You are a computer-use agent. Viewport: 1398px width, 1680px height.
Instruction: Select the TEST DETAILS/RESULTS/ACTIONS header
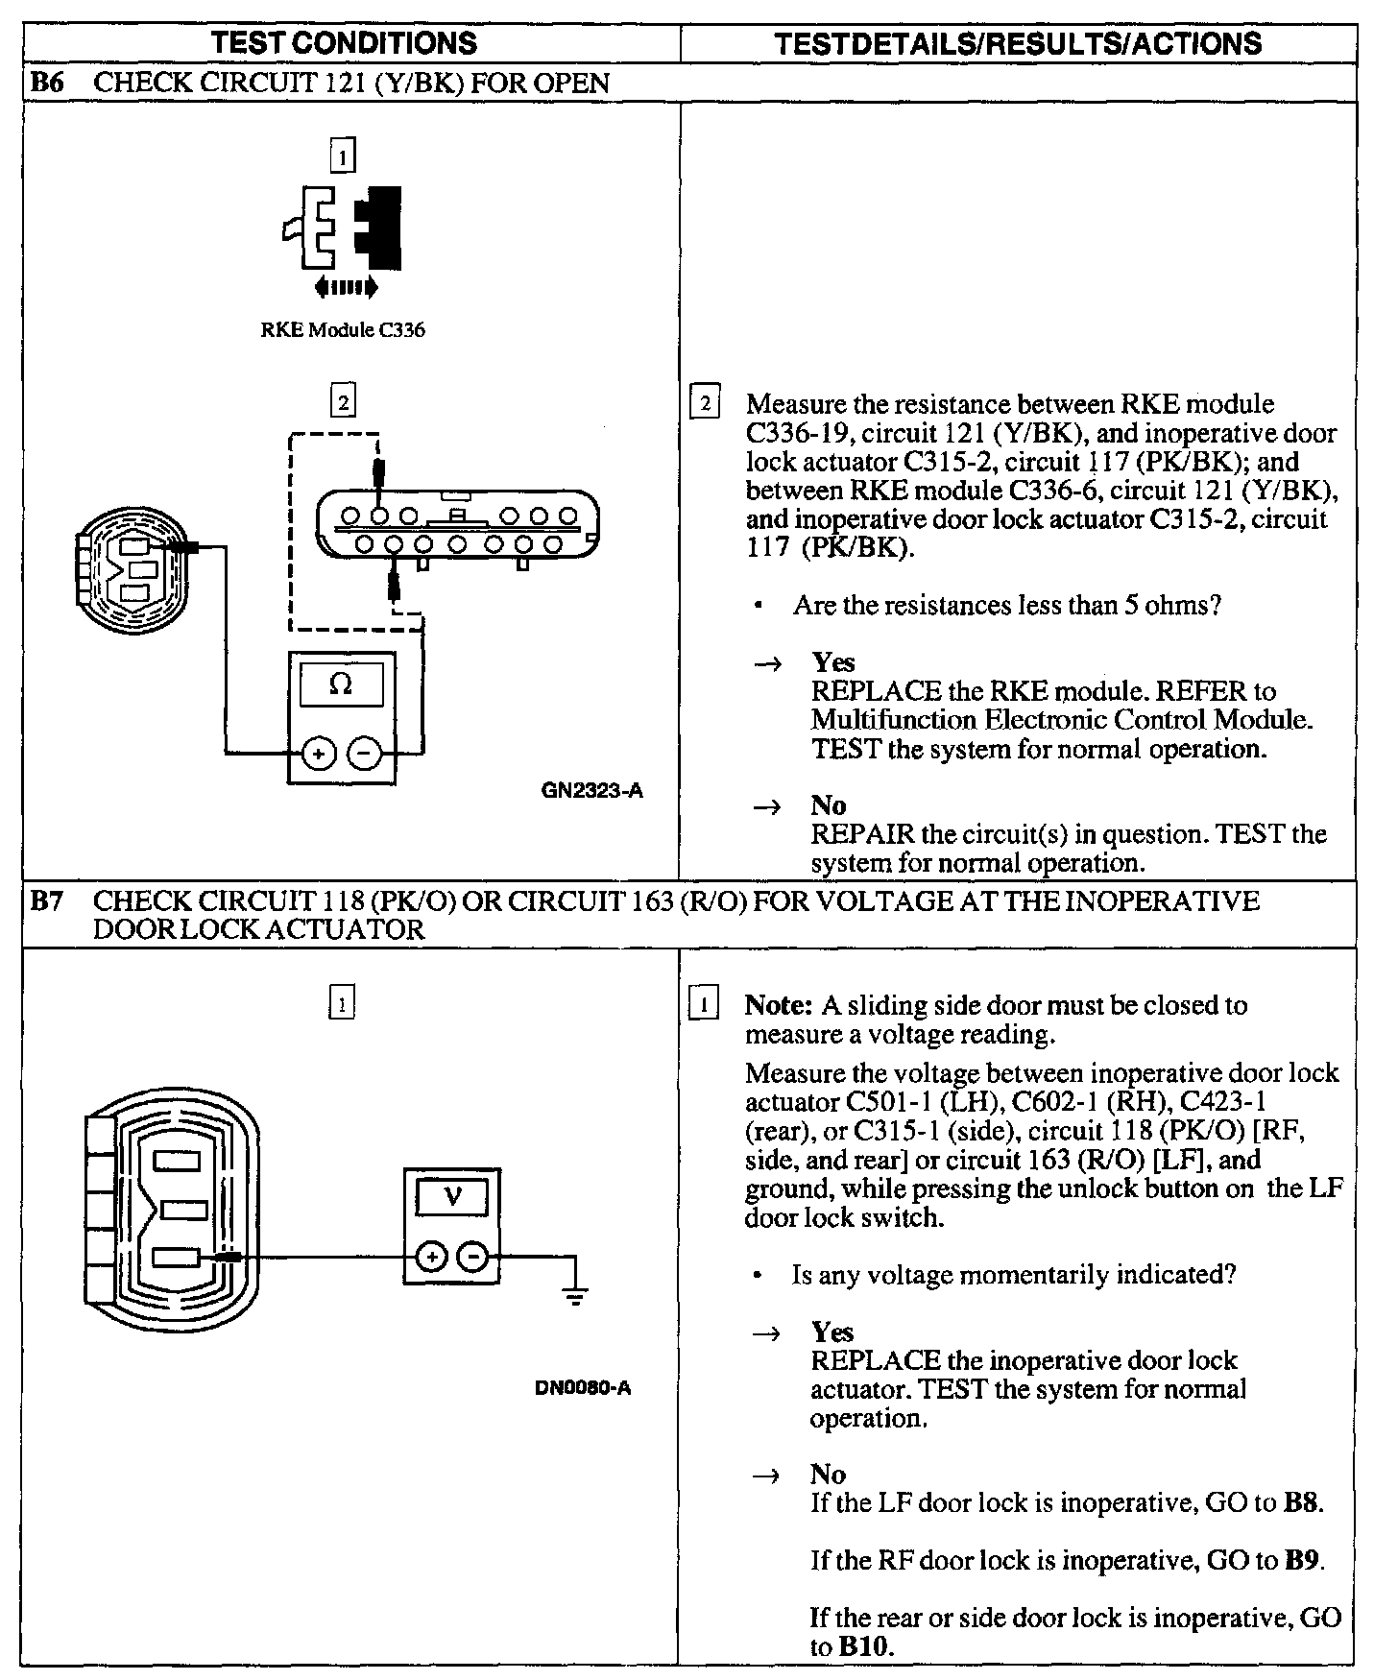[1018, 43]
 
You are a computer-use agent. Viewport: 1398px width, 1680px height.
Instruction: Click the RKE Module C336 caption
[343, 330]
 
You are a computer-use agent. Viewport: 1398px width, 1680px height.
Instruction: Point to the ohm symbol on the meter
[341, 684]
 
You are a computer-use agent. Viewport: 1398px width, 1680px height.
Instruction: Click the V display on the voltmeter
[451, 1197]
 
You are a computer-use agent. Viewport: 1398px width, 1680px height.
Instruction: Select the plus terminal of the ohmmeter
[319, 754]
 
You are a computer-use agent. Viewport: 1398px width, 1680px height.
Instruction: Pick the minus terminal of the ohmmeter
[364, 754]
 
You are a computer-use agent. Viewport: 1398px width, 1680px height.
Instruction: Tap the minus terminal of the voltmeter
[472, 1257]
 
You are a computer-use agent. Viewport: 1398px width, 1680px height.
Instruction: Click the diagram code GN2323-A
[591, 792]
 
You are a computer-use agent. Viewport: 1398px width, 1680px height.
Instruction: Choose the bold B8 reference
[1303, 1502]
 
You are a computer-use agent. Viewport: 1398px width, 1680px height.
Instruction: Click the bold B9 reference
[1303, 1560]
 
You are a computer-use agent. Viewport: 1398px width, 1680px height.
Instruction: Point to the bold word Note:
[779, 1005]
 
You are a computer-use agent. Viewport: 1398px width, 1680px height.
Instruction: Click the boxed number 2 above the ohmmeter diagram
[342, 399]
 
